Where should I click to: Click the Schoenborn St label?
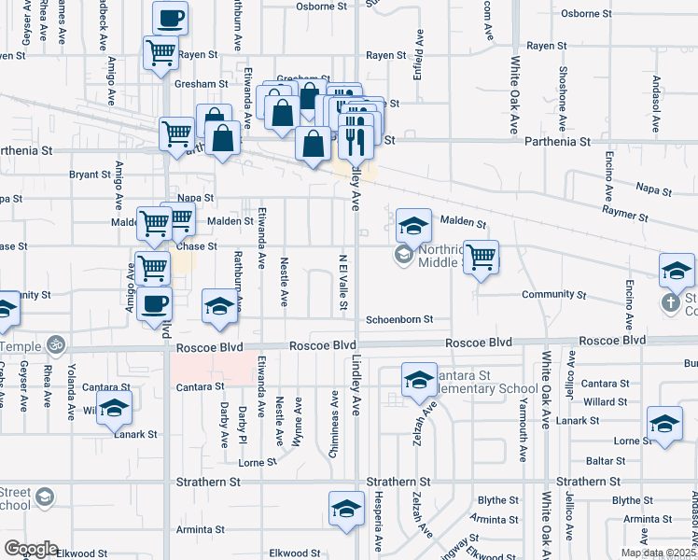[x=399, y=319]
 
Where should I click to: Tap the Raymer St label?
[x=625, y=217]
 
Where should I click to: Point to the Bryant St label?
[x=90, y=175]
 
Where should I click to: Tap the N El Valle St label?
[x=343, y=277]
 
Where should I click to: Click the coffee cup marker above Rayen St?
[x=170, y=18]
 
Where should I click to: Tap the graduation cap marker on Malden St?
[x=413, y=225]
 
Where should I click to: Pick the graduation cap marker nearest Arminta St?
[x=346, y=509]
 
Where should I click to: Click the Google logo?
[x=31, y=549]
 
